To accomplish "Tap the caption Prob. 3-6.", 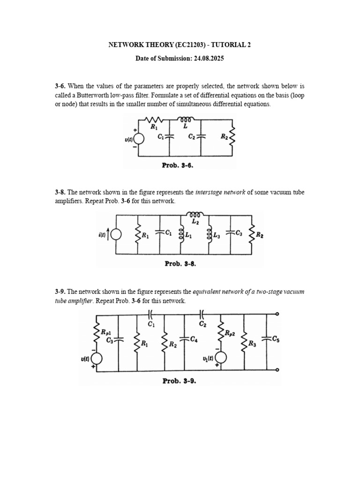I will pos(178,165).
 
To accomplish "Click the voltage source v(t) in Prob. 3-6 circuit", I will pos(136,140).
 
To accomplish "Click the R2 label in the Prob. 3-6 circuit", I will pos(224,137).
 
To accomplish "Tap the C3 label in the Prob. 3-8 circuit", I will pos(239,232).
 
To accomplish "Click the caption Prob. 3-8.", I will pos(180,263).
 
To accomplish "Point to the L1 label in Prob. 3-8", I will pos(188,235).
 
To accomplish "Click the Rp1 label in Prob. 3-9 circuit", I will pos(106,331).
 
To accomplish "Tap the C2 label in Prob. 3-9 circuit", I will pos(202,323).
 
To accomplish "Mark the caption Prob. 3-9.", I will pos(179,381).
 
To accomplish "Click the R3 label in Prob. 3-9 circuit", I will pos(252,344).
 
